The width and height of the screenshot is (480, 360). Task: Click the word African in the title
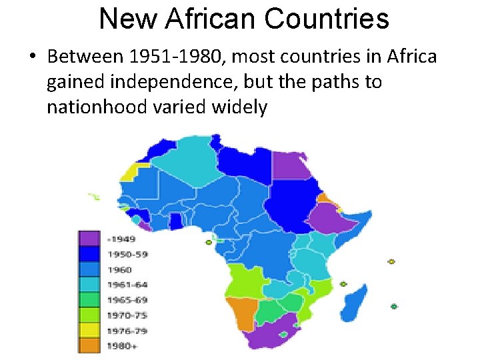pyautogui.click(x=211, y=19)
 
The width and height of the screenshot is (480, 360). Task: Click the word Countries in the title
pyautogui.click(x=326, y=19)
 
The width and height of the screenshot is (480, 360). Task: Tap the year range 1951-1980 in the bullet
pyautogui.click(x=174, y=57)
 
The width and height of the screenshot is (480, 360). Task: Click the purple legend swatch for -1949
pyautogui.click(x=89, y=239)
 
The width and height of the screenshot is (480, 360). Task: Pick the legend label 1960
pyautogui.click(x=119, y=269)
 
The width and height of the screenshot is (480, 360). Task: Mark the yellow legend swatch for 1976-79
pyautogui.click(x=89, y=331)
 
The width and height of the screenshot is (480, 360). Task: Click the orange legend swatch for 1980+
pyautogui.click(x=89, y=346)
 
